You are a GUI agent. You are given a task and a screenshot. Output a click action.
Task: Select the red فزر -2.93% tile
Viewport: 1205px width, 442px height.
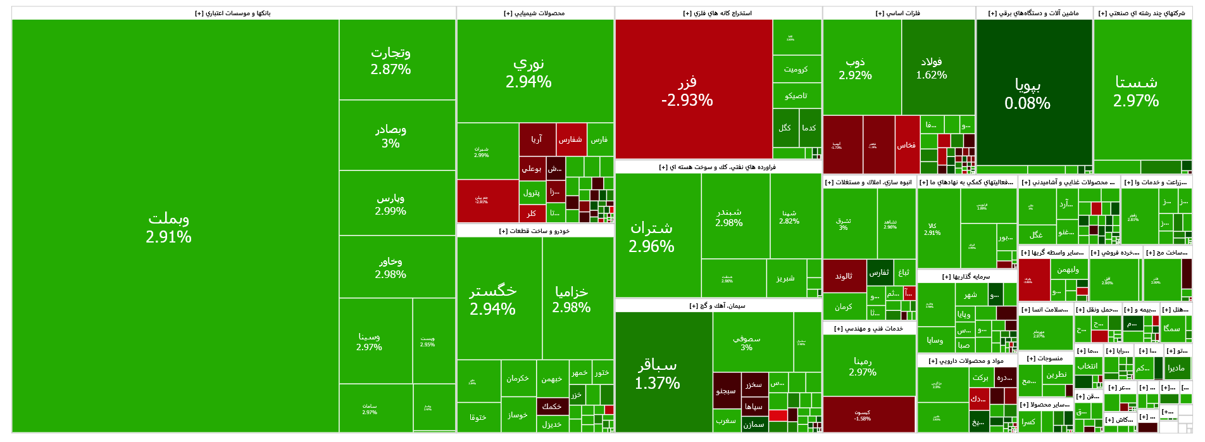pyautogui.click(x=687, y=90)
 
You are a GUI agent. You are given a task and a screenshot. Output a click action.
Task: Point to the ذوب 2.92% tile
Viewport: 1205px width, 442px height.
pyautogui.click(x=856, y=68)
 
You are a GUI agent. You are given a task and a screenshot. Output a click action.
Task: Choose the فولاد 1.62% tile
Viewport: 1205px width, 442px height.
pyautogui.click(x=932, y=68)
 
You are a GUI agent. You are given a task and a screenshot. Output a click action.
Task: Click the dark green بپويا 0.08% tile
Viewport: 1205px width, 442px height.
pyautogui.click(x=1028, y=93)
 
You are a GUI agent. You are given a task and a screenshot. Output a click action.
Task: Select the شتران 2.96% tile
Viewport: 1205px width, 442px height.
pyautogui.click(x=651, y=236)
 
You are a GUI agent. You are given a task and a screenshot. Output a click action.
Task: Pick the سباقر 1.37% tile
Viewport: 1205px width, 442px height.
pyautogui.click(x=658, y=374)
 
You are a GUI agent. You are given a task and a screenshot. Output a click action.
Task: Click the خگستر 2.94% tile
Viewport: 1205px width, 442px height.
pyautogui.click(x=492, y=299)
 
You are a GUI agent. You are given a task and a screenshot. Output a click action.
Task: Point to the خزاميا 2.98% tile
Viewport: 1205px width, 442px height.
pyautogui.click(x=571, y=299)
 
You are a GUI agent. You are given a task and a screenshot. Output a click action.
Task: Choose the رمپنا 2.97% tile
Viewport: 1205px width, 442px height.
pyautogui.click(x=863, y=366)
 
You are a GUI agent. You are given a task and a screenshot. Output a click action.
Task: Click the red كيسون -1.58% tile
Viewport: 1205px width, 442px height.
pyautogui.click(x=863, y=415)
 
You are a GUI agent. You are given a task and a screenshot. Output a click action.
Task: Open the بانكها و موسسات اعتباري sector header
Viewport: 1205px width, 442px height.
pyautogui.click(x=233, y=13)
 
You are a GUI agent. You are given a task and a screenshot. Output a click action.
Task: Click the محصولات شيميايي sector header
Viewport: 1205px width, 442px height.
pyautogui.click(x=534, y=13)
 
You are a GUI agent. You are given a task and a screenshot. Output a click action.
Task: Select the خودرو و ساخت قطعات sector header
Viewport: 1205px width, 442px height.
pyautogui.click(x=534, y=231)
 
